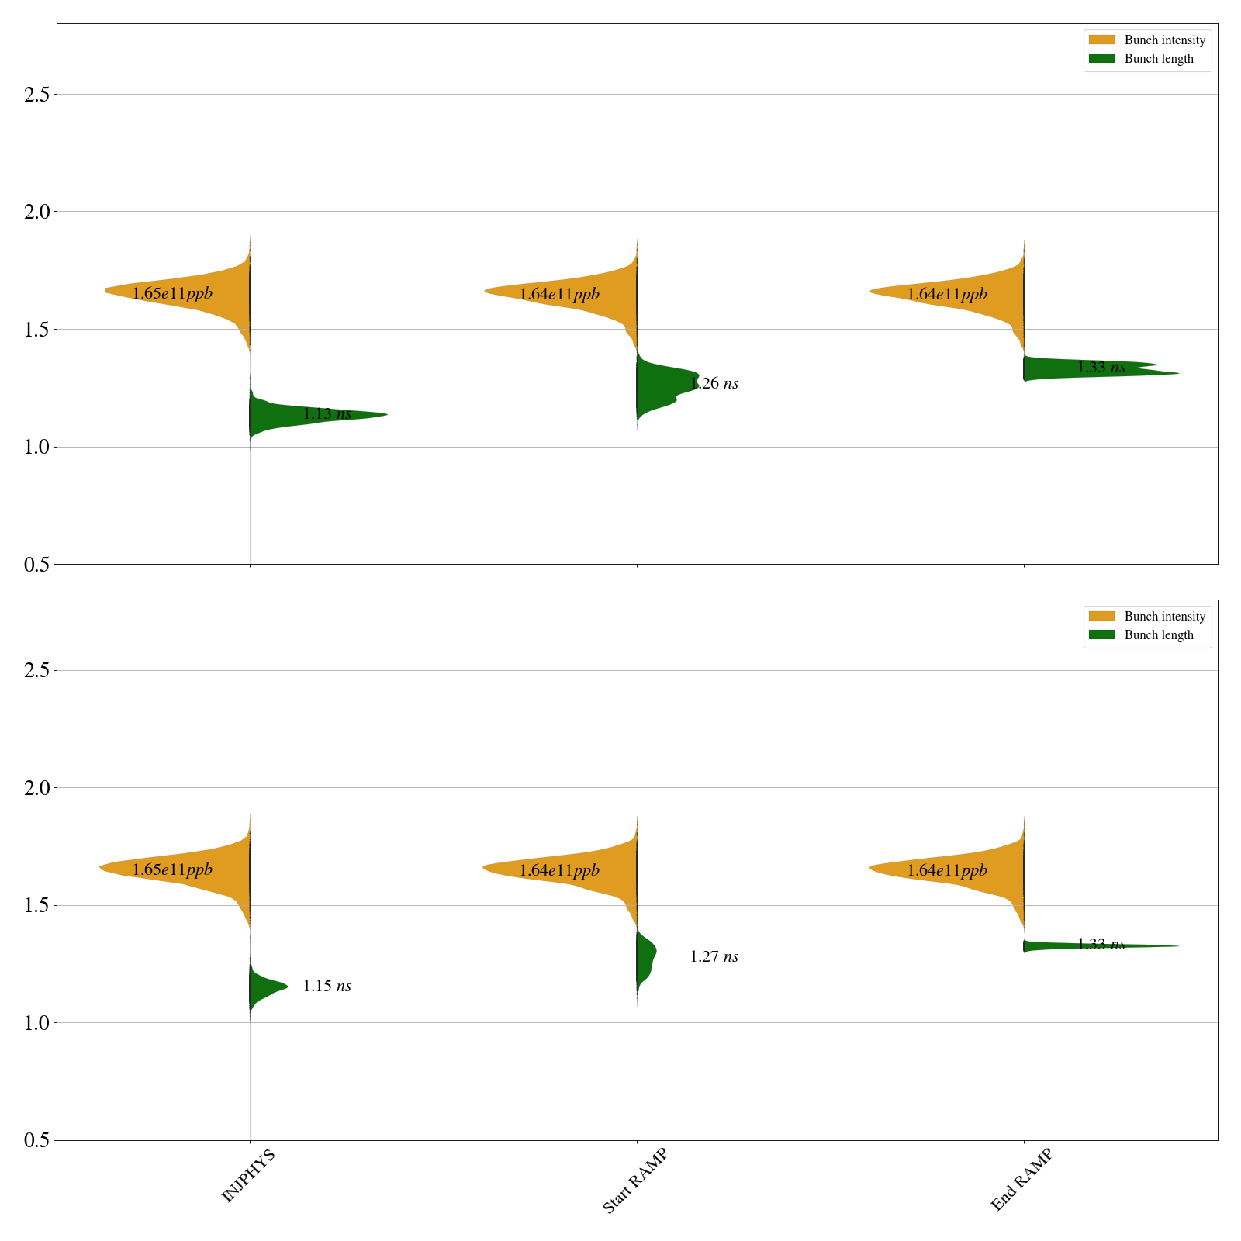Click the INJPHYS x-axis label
click(248, 1176)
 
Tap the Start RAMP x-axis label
click(634, 1180)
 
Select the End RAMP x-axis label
click(1021, 1179)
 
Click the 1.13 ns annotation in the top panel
click(327, 414)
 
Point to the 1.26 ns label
click(714, 384)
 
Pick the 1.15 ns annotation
click(327, 987)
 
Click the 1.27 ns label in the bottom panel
click(714, 957)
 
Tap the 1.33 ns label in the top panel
click(1101, 368)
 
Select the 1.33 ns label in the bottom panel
click(1101, 945)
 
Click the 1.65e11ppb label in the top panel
click(172, 294)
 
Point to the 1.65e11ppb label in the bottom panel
click(172, 870)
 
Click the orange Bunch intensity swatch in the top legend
click(1101, 40)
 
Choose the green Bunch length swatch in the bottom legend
click(1101, 634)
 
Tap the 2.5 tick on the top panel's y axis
click(36, 95)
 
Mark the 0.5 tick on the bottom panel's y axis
click(36, 1141)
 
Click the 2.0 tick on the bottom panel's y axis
click(36, 788)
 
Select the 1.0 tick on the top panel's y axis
click(36, 448)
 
